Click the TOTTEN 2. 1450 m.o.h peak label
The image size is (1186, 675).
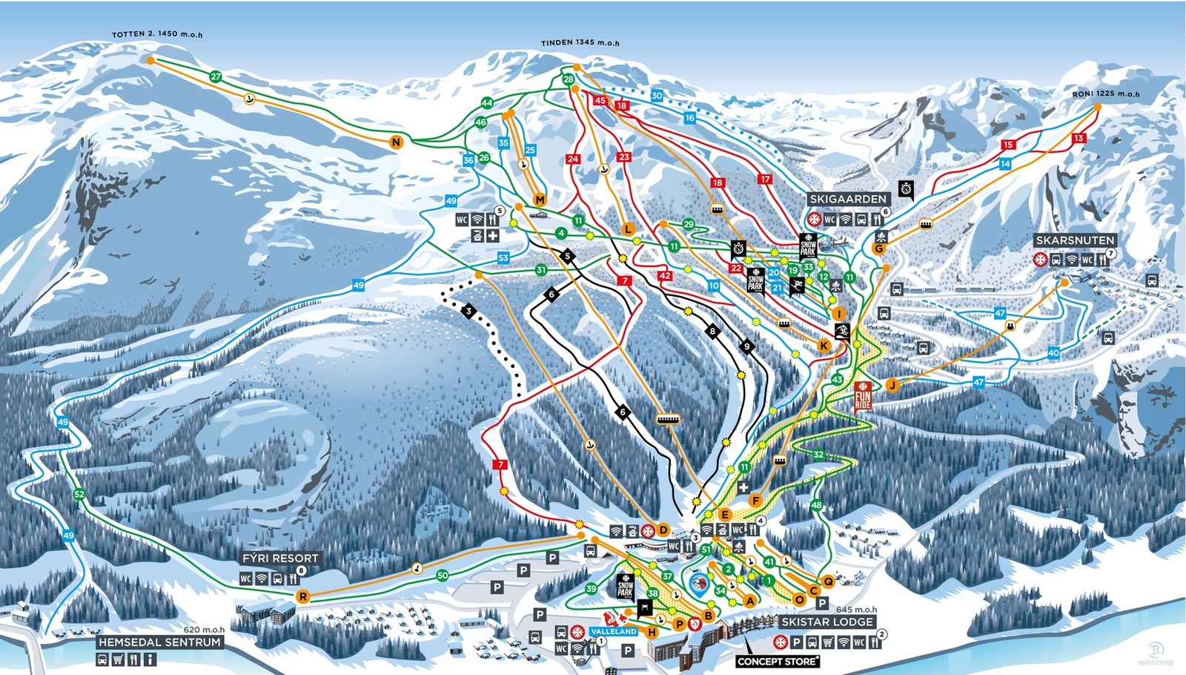click(157, 34)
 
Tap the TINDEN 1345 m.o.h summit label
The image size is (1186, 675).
click(580, 42)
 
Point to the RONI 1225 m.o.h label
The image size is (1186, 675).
click(1105, 94)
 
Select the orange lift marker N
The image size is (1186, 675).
click(397, 142)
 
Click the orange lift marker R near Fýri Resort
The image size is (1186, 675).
click(302, 596)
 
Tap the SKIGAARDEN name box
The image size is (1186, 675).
click(848, 199)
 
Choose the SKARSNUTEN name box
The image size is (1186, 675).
click(1075, 240)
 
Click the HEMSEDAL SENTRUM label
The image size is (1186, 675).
click(160, 642)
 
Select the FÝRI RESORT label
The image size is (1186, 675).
click(280, 558)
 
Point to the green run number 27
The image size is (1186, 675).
click(216, 76)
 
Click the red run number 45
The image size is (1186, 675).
click(600, 100)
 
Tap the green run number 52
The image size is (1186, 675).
click(79, 494)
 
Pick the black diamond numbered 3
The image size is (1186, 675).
click(468, 311)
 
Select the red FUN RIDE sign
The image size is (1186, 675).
click(862, 396)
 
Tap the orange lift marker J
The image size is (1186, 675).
click(892, 384)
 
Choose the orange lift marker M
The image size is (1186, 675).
click(540, 200)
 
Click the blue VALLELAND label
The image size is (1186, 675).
click(614, 631)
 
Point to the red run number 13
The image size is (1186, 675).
click(1079, 138)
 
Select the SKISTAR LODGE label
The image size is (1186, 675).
click(826, 622)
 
